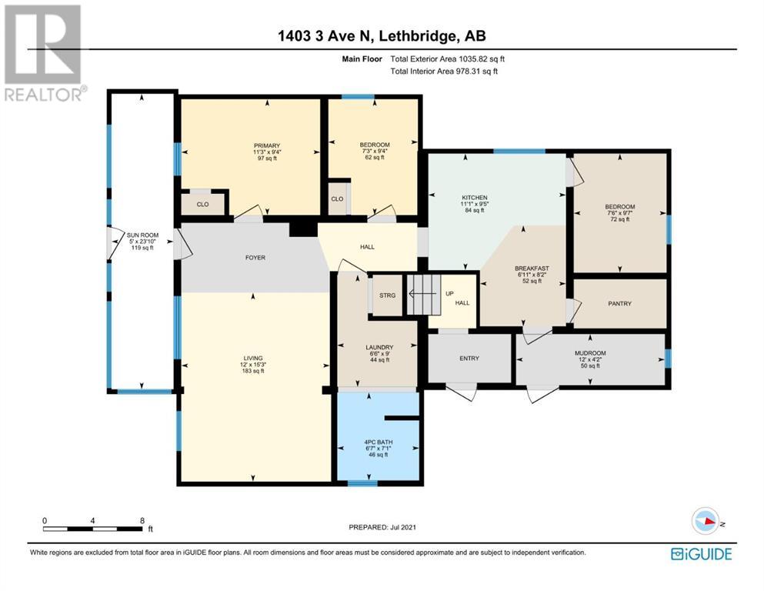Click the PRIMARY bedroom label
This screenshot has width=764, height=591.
pyautogui.click(x=267, y=145)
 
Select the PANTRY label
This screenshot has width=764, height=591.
pyautogui.click(x=619, y=304)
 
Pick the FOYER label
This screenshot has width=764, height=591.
pyautogui.click(x=255, y=258)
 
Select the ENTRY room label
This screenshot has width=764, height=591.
pyautogui.click(x=469, y=358)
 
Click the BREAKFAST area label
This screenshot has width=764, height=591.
pyautogui.click(x=529, y=269)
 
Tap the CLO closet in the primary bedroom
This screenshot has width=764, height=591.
pyautogui.click(x=203, y=204)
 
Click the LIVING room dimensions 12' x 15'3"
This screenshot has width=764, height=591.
pyautogui.click(x=253, y=365)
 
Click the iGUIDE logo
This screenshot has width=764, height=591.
pyautogui.click(x=701, y=554)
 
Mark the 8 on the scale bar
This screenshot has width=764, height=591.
pyautogui.click(x=142, y=521)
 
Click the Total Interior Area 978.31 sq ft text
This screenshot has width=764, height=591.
pyautogui.click(x=444, y=72)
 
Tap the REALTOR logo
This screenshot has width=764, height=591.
pyautogui.click(x=44, y=53)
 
